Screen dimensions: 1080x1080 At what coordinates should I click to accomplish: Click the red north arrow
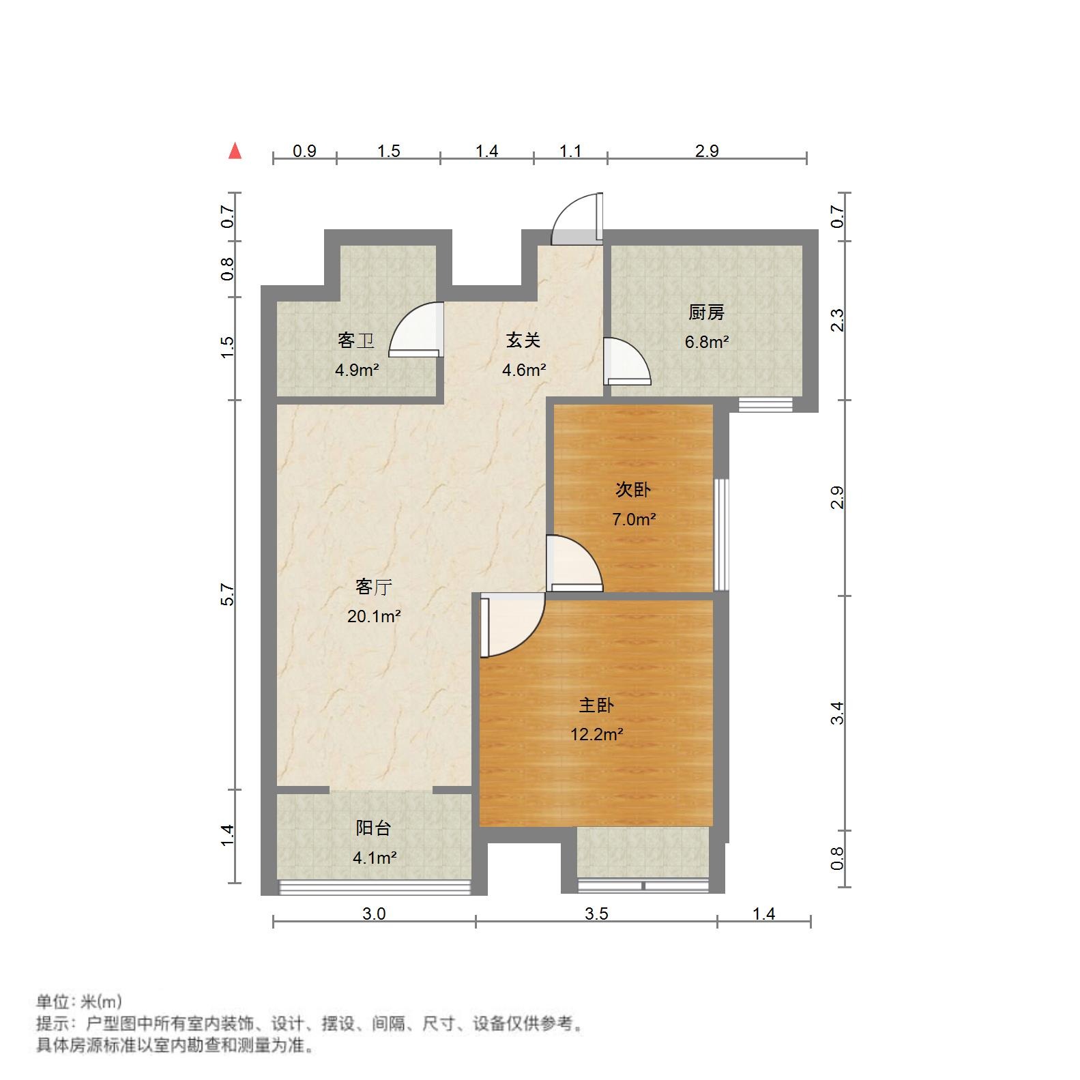[x=235, y=151]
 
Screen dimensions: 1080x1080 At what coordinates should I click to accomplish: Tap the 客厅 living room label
[x=374, y=587]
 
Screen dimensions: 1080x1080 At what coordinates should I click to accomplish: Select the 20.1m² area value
[x=374, y=617]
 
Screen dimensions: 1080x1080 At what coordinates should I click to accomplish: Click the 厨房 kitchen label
[x=706, y=312]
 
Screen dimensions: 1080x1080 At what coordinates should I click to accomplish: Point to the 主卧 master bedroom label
[x=596, y=705]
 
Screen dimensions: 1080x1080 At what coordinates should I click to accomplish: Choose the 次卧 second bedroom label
[x=633, y=490]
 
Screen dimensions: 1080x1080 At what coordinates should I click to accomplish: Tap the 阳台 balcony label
[x=374, y=828]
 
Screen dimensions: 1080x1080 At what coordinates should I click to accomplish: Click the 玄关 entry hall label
[x=523, y=340]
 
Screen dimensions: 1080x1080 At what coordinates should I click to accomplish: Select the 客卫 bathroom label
[x=355, y=340]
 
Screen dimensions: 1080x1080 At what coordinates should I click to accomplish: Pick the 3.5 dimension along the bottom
[x=596, y=914]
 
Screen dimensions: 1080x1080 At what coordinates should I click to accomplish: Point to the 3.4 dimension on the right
[x=838, y=713]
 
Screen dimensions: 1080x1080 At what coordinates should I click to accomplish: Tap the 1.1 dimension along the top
[x=570, y=151]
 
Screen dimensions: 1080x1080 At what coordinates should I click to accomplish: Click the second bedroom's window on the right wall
[x=721, y=534]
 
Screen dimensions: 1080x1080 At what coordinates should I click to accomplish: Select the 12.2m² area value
[x=596, y=735]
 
